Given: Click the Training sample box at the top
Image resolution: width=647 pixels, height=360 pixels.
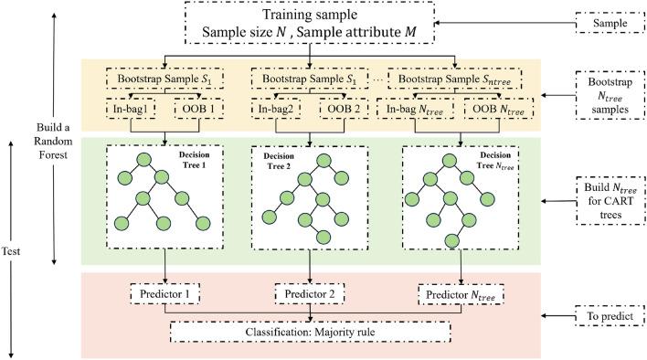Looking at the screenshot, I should pyautogui.click(x=311, y=28).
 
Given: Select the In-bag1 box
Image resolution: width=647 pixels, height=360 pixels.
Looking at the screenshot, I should pyautogui.click(x=131, y=111).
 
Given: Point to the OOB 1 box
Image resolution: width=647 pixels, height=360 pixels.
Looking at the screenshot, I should pyautogui.click(x=189, y=111).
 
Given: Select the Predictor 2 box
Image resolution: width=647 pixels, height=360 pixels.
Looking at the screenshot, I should pyautogui.click(x=312, y=296).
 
